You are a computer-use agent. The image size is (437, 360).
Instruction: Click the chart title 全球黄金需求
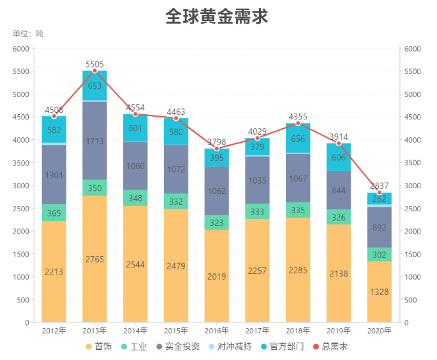click(217, 16)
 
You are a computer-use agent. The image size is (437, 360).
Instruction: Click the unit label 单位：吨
click(28, 34)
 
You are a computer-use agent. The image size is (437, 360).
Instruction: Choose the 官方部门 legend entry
click(281, 347)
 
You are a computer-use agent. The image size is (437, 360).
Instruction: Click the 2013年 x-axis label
click(94, 331)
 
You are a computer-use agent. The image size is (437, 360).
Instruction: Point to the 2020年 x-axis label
click(380, 331)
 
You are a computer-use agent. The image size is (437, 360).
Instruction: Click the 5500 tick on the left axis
click(21, 71)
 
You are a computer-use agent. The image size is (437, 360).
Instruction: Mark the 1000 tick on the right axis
click(411, 277)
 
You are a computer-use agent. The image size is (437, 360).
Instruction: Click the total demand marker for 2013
click(94, 71)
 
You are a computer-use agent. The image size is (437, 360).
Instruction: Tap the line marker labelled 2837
click(380, 193)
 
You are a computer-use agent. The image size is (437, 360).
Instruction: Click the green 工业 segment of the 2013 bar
click(94, 188)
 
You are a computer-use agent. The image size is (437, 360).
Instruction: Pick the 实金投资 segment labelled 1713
click(94, 140)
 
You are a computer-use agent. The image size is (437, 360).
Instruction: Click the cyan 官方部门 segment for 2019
click(339, 158)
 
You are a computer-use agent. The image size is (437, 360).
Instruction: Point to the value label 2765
click(94, 259)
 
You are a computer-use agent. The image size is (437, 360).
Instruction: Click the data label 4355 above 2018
click(298, 116)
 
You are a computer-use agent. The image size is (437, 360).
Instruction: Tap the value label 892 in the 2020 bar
click(380, 227)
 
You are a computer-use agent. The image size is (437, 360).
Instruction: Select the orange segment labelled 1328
click(380, 292)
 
